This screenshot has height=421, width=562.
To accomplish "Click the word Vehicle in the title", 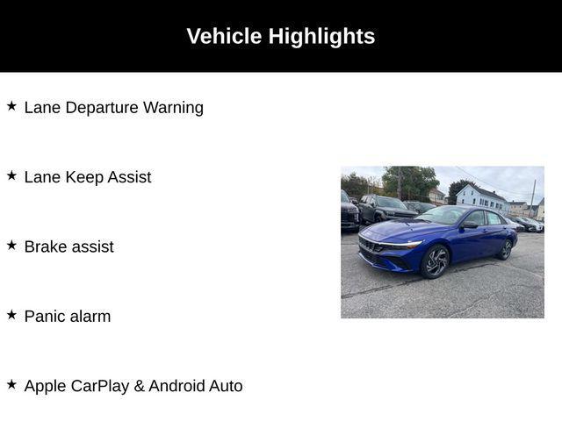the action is [x=224, y=36].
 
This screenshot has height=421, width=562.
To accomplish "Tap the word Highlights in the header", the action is [x=321, y=37].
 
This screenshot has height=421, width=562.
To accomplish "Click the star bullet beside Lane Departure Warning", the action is [x=11, y=106].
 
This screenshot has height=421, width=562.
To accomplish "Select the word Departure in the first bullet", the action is [x=102, y=108].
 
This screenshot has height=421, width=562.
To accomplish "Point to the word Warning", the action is [x=173, y=108].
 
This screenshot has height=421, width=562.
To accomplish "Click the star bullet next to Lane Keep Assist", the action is [x=11, y=175].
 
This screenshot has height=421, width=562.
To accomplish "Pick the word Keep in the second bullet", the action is [x=84, y=177].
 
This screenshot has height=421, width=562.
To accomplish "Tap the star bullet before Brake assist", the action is [x=11, y=246].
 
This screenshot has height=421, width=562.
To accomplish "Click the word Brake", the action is [x=46, y=246].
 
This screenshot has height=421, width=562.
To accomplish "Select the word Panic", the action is [x=45, y=317].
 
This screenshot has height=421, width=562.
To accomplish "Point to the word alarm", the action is [x=90, y=317].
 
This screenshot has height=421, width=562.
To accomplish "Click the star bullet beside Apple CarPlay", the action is [x=11, y=384].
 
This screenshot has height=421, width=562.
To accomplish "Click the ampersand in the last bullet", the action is [x=139, y=386].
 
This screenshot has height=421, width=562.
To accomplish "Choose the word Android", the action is [x=177, y=386].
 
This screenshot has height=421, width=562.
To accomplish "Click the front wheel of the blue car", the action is [x=435, y=261].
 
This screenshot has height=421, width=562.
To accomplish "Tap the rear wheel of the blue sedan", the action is [x=506, y=249].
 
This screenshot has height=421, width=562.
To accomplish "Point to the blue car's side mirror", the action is [x=469, y=225].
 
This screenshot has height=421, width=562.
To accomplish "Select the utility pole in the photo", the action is [x=533, y=198].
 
